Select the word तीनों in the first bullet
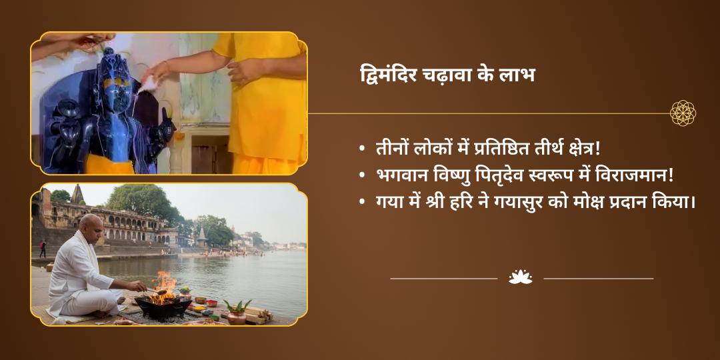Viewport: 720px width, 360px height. [x=390, y=149]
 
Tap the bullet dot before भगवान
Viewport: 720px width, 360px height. [x=362, y=176]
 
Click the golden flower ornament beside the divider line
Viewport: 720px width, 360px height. [x=683, y=113]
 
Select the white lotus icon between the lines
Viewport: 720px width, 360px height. [x=520, y=277]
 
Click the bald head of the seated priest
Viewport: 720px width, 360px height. [x=91, y=226]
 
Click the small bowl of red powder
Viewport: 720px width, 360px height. [x=212, y=303]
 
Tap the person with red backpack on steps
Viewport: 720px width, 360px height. [x=43, y=249]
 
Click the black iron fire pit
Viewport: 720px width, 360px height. [x=163, y=307]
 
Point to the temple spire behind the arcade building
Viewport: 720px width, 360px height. [x=77, y=195]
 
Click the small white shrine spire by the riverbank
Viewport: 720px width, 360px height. [x=201, y=237]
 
